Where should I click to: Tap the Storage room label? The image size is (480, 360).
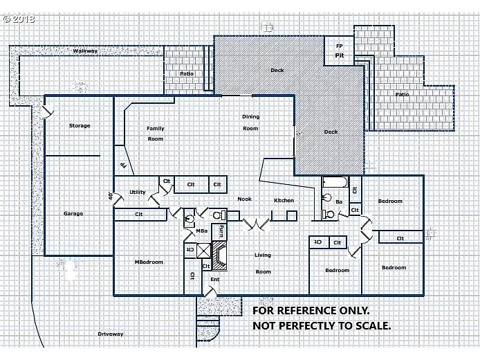pyautogui.click(x=80, y=126)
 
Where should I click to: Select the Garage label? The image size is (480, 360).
pyautogui.click(x=73, y=214)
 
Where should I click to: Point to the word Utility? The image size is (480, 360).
pyautogui.click(x=138, y=192)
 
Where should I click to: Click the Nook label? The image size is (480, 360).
pyautogui.click(x=244, y=199)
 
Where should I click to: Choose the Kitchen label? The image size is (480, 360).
pyautogui.click(x=284, y=201)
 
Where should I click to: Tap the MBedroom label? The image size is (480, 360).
pyautogui.click(x=149, y=262)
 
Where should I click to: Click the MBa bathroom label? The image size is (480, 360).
pyautogui.click(x=202, y=231)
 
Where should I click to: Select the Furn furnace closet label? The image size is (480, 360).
pyautogui.click(x=221, y=231)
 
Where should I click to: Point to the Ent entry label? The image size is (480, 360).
pyautogui.click(x=215, y=280)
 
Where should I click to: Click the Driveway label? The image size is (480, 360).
pyautogui.click(x=111, y=334)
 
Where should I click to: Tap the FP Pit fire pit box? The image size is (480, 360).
pyautogui.click(x=340, y=51)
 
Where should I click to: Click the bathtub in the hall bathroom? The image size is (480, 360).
pyautogui.click(x=335, y=183)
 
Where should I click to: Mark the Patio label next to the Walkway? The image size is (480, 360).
pyautogui.click(x=187, y=73)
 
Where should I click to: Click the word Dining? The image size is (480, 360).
pyautogui.click(x=250, y=117)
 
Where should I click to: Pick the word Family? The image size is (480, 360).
pyautogui.click(x=155, y=129)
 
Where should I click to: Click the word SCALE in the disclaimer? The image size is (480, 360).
pyautogui.click(x=371, y=325)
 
